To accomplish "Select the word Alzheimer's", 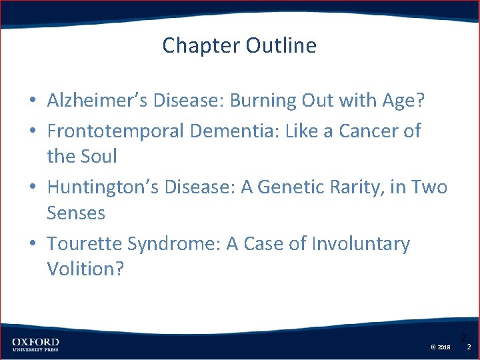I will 93,101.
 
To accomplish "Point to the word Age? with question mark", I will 402,101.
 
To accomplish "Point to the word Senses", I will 76,213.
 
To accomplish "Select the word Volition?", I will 85,270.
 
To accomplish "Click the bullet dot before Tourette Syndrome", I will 32,245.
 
